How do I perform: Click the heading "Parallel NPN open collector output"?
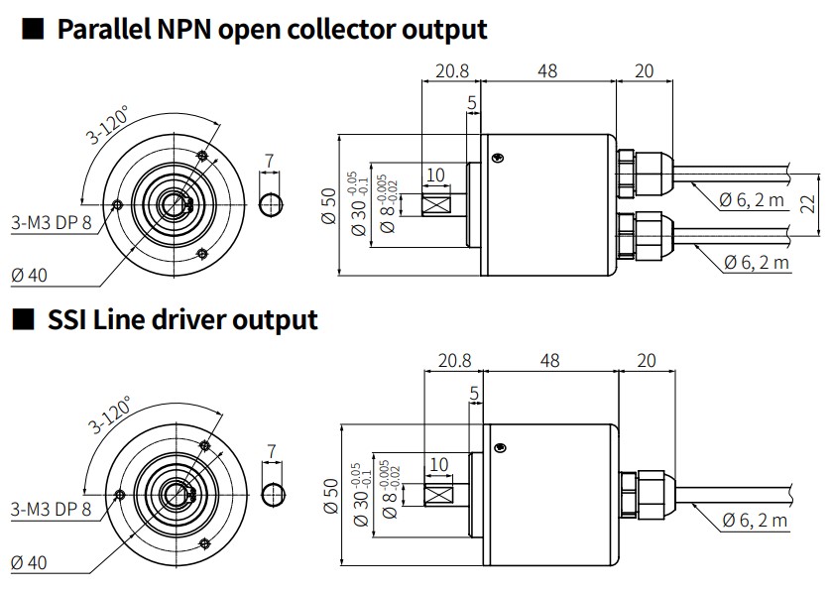tap(272, 29)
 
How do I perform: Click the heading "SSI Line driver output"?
tap(182, 319)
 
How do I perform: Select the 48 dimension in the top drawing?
tap(547, 70)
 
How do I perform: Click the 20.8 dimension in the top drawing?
tap(451, 70)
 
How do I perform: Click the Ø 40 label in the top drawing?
tap(30, 273)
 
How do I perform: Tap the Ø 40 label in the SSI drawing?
tap(30, 563)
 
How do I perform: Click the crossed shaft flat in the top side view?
tap(436, 206)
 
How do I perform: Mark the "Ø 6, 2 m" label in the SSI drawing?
tap(756, 521)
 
